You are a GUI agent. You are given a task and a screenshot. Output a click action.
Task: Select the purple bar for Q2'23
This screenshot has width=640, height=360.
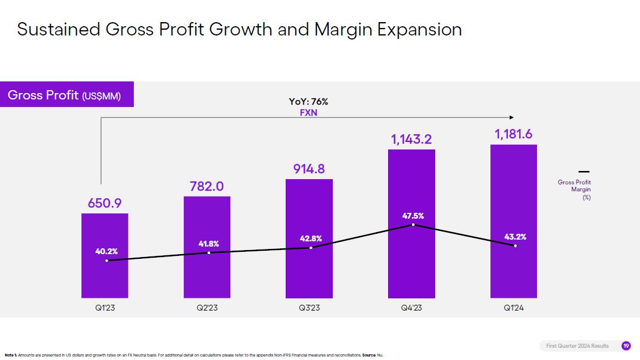click(207, 273)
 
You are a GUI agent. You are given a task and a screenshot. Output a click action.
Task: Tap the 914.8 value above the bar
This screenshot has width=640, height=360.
click(309, 169)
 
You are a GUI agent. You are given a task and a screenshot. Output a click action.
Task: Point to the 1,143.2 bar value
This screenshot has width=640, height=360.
click(411, 139)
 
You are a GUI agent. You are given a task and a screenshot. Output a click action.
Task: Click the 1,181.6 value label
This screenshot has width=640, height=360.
click(514, 134)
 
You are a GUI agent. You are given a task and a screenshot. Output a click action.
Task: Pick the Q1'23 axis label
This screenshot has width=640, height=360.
click(105, 308)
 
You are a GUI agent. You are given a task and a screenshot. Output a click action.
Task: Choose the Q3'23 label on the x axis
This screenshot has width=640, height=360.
click(309, 308)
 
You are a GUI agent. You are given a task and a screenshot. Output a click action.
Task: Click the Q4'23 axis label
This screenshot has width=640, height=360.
click(411, 308)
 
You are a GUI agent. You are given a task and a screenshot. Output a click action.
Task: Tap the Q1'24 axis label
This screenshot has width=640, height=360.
click(514, 308)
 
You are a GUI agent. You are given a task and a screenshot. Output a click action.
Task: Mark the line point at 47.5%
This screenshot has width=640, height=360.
click(413, 224)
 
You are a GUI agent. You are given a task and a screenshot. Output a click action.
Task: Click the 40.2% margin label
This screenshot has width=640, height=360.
click(106, 251)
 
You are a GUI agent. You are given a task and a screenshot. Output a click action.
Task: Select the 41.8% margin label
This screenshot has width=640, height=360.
click(208, 243)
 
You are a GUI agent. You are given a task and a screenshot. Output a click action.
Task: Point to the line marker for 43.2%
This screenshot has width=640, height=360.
click(515, 245)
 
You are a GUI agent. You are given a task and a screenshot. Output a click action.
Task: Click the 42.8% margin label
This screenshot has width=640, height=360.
click(310, 238)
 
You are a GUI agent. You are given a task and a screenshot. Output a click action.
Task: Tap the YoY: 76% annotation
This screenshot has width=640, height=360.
click(308, 102)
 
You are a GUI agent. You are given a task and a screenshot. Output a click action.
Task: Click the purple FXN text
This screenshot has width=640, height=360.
click(308, 112)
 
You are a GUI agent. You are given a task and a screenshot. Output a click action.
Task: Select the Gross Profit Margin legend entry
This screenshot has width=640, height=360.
click(575, 186)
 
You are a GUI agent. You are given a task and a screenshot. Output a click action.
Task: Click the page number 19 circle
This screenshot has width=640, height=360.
click(626, 346)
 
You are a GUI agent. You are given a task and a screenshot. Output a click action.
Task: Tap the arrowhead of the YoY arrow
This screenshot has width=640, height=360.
click(511, 117)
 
